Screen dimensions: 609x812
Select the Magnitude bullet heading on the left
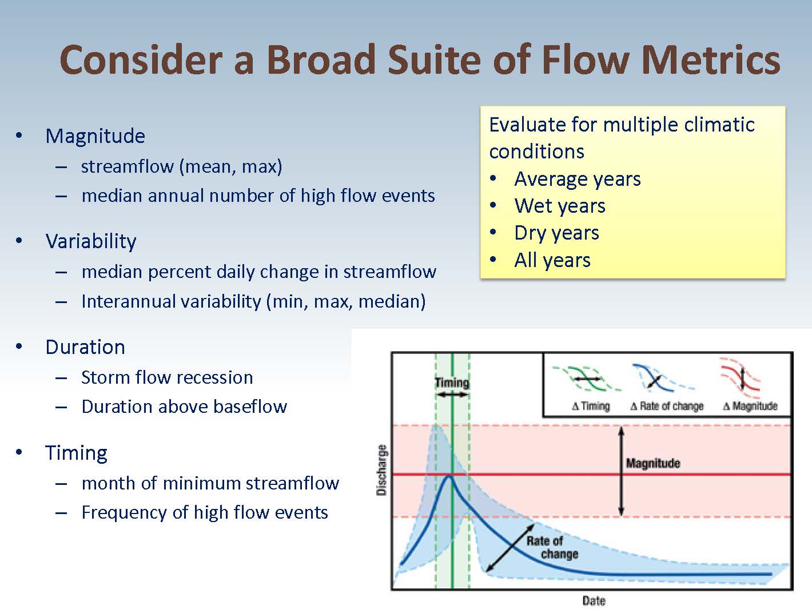pos(95,136)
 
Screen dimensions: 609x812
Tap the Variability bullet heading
pos(91,241)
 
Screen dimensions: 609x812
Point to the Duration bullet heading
pos(85,347)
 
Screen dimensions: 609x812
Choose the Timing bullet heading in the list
pos(76,453)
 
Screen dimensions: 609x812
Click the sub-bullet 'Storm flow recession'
pos(167,377)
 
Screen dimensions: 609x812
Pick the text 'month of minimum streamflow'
pos(210,483)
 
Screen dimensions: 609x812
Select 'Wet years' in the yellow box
pos(560,206)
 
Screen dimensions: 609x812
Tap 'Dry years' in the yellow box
pos(556,233)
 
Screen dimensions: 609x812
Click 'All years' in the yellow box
pos(552,260)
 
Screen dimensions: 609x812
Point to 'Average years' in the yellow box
pos(578,179)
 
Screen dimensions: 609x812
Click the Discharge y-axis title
pos(381,469)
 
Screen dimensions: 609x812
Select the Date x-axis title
pos(594,600)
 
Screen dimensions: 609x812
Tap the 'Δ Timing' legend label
pos(591,406)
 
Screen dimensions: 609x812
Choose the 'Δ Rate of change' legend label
pos(667,406)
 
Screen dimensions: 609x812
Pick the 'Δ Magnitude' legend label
pos(750,406)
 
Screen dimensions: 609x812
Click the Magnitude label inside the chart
pos(653,463)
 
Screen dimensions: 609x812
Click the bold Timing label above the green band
pos(452,383)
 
